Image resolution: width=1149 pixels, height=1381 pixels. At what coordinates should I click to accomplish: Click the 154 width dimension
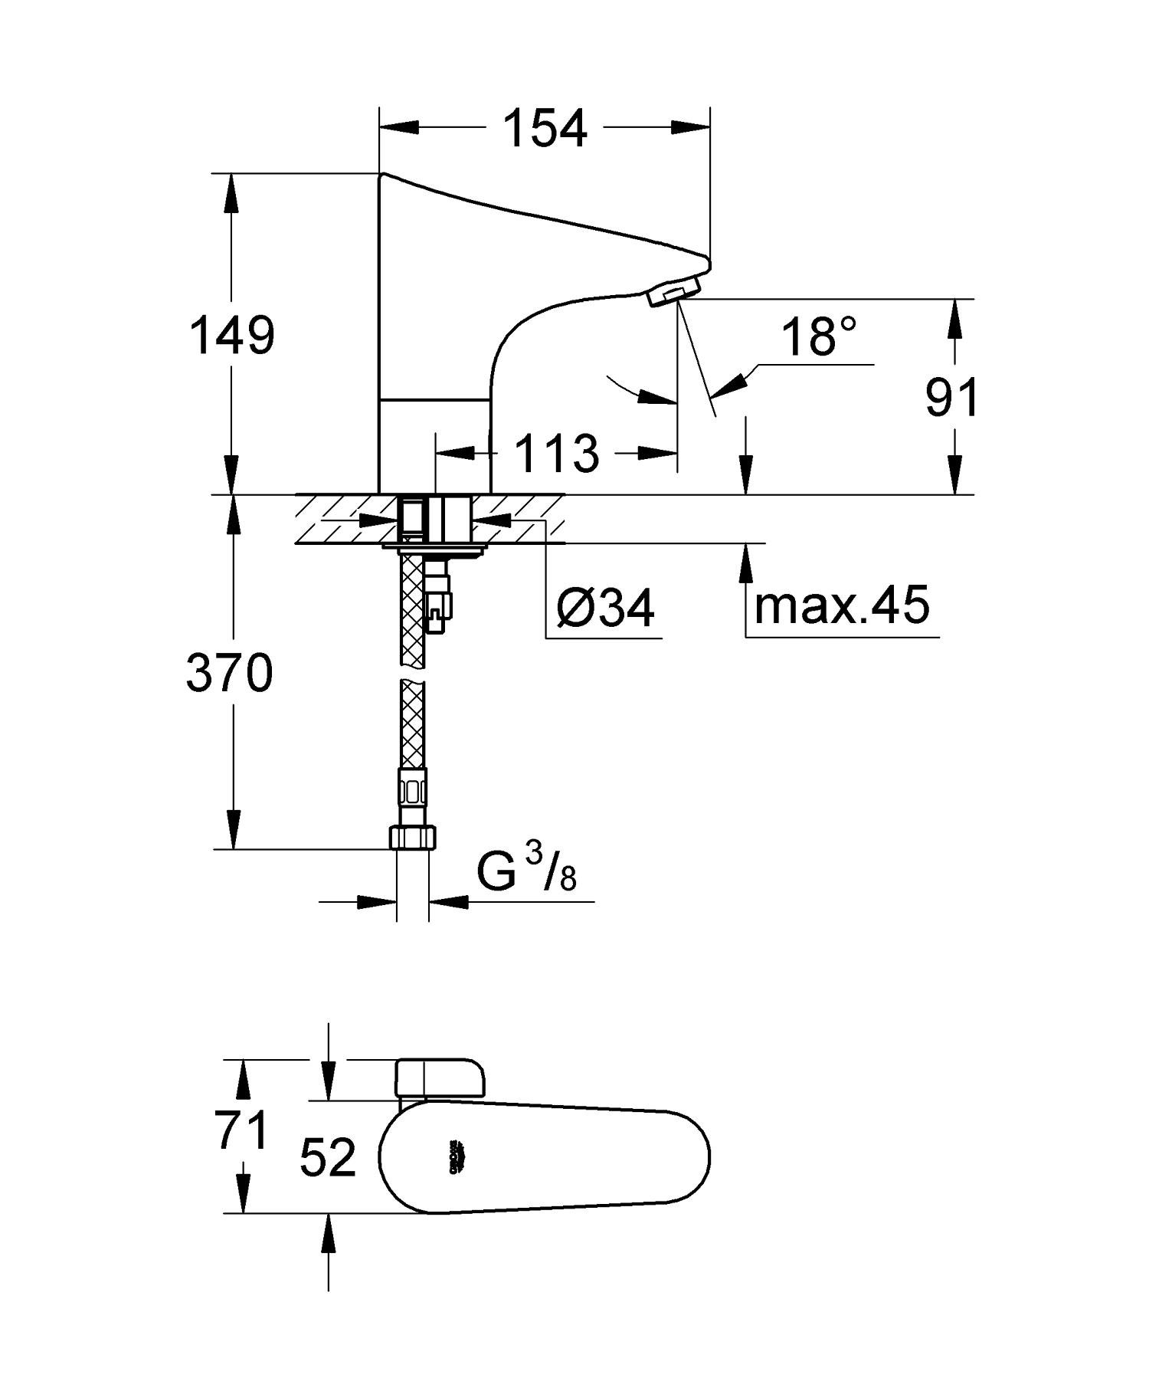click(x=545, y=128)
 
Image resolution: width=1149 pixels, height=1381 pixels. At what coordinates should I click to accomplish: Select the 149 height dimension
click(x=232, y=335)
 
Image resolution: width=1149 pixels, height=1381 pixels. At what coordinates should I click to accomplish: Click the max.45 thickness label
click(x=842, y=604)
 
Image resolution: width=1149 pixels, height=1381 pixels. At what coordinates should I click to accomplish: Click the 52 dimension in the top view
click(x=328, y=1157)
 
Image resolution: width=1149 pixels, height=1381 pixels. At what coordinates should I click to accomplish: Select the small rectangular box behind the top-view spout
click(x=440, y=1081)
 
